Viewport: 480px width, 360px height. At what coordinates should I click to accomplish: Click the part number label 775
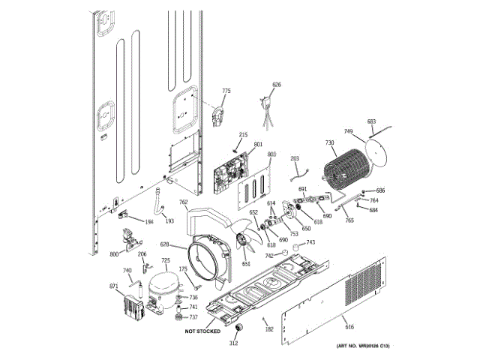click(226, 91)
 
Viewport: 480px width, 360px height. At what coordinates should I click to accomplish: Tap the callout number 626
click(277, 85)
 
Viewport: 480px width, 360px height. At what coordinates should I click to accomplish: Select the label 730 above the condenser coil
click(329, 142)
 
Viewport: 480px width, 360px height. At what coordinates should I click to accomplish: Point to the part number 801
click(258, 144)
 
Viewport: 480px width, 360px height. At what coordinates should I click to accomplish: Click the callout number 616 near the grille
click(349, 326)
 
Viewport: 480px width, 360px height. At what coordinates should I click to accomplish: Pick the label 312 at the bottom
click(233, 343)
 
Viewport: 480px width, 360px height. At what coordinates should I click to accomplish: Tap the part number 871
click(114, 286)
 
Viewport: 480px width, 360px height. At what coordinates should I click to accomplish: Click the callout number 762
click(183, 202)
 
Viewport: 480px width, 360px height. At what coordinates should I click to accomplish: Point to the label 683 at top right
click(371, 121)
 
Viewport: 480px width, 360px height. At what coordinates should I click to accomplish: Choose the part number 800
click(114, 255)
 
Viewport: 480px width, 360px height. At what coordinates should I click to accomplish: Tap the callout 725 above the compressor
click(166, 260)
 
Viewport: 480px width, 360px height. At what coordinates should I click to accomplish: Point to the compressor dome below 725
click(164, 286)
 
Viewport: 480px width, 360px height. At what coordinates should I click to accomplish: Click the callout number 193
click(169, 221)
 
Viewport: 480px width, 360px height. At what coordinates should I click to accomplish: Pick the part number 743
click(310, 242)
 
